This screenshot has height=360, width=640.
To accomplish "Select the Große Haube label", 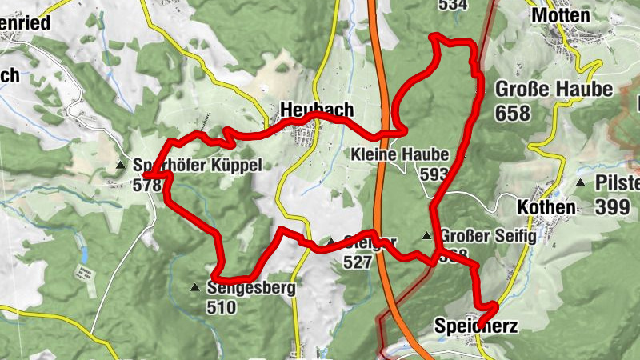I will [x=554, y=89].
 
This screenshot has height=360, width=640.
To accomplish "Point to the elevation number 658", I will [x=512, y=113].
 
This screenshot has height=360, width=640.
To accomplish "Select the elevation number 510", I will [x=221, y=307].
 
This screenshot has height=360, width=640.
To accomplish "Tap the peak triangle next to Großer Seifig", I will [x=427, y=236].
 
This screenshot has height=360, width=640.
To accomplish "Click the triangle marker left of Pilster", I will [x=580, y=183].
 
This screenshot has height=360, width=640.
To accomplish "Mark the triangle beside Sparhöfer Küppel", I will [x=120, y=166].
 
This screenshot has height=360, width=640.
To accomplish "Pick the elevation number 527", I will [x=358, y=262].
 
